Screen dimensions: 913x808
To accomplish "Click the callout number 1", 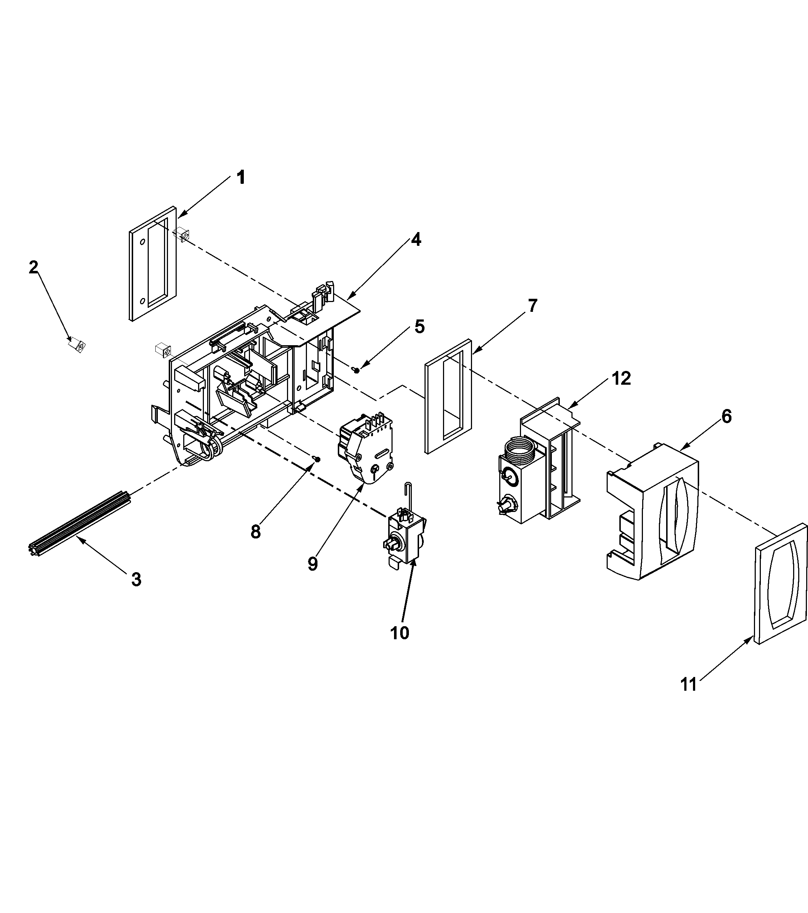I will coord(241,178).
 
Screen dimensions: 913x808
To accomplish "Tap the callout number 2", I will coord(33,268).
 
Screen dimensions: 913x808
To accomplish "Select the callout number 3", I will coord(136,580).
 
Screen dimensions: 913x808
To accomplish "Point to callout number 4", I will coord(416,240).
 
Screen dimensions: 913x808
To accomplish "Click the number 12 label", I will coord(621,378).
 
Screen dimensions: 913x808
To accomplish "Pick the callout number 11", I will coord(688,684).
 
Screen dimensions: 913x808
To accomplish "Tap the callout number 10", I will coord(399,633).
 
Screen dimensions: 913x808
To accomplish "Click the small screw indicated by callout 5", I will coord(356,370).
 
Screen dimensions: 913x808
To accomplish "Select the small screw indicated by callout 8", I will coord(317,459).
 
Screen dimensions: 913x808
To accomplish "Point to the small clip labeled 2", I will coord(77,346).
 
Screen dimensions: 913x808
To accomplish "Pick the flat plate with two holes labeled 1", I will coord(152,264).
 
